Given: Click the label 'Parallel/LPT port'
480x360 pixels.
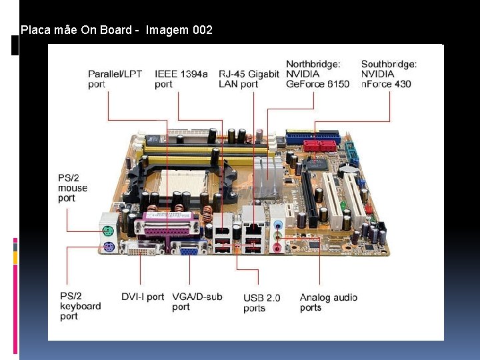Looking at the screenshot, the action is pos(115,79).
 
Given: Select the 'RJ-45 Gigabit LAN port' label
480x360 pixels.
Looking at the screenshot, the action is pos(249,79).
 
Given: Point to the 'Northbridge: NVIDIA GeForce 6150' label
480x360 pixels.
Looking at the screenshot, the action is pos(317,74).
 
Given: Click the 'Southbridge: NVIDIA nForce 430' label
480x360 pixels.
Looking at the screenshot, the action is pos(389,74).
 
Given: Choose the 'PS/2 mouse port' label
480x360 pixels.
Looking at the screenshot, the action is pos(72,187).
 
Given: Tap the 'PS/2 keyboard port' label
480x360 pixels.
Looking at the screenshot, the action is pos(80,306).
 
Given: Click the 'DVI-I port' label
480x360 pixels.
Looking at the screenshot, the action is pos(142,297).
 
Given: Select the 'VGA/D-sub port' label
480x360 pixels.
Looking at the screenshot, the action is pos(197,301).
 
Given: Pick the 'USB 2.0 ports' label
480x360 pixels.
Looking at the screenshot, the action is pos(262,302).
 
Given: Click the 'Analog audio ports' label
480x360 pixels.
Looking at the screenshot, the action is pos(328,302).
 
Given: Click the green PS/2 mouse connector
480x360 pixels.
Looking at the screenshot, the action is pos(109,231).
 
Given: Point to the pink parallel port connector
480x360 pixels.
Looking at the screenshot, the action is pos(167,229).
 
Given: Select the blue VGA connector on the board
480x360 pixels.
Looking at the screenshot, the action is pos(189,248).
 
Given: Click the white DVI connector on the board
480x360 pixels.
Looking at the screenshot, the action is pos(144,249).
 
